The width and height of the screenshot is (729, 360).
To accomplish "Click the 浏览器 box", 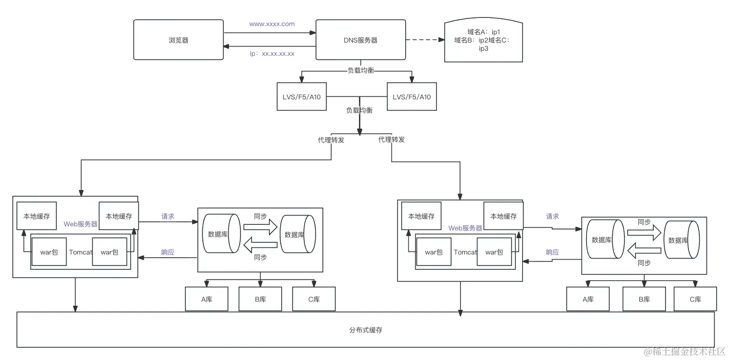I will [x=178, y=40].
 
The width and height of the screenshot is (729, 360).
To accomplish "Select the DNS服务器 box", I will [x=360, y=40].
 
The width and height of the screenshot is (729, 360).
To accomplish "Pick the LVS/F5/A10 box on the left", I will [x=302, y=96].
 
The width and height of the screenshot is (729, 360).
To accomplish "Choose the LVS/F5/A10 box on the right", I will [x=411, y=96].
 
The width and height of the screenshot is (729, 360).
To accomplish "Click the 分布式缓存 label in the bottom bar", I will [x=365, y=330].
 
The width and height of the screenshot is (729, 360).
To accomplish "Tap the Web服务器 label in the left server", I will [x=80, y=224].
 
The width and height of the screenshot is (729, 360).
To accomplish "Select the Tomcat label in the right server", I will [x=465, y=252].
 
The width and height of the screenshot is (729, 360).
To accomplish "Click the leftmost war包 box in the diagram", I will [x=49, y=252].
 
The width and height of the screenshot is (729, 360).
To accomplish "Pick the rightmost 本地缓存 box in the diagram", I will [x=503, y=216].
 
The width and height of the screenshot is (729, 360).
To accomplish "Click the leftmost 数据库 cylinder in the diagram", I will [x=221, y=234].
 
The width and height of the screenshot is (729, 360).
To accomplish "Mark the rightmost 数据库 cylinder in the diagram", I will [x=682, y=240].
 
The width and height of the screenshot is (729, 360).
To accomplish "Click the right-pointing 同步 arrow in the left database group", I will [x=260, y=226].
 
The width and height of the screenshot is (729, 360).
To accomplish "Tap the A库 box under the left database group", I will [x=206, y=300].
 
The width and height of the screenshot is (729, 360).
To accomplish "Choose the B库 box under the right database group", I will [x=644, y=300].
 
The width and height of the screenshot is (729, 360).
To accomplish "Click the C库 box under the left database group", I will [x=314, y=300].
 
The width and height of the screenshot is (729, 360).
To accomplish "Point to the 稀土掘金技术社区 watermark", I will [x=684, y=351].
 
